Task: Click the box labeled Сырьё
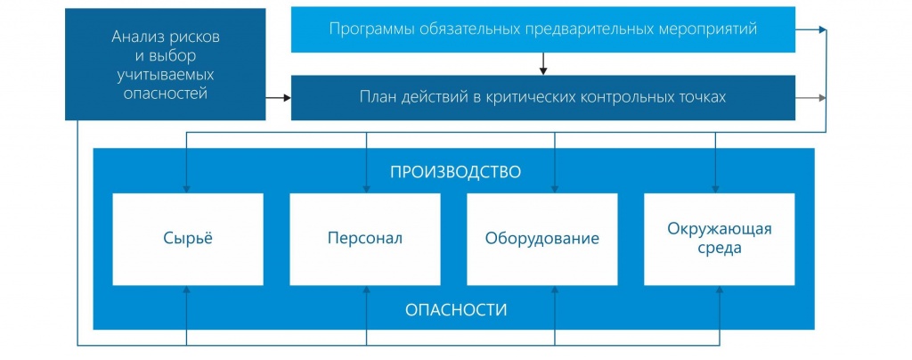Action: coord(188,239)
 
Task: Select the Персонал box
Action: coord(364,239)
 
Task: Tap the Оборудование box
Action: coord(542,239)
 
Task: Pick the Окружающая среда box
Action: coord(720,239)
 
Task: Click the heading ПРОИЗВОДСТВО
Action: coord(455,173)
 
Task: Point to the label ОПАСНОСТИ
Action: coord(456,310)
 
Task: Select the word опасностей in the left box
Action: coord(166,94)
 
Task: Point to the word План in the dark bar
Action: coord(376,97)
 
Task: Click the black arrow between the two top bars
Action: coord(543,64)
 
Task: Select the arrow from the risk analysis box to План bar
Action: coord(278,98)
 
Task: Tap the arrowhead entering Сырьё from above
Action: coord(187,189)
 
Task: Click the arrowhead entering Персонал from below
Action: coord(366,290)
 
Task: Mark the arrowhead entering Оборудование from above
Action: coord(554,189)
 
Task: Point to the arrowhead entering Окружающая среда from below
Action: coord(720,290)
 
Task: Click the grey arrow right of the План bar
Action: coord(810,98)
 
